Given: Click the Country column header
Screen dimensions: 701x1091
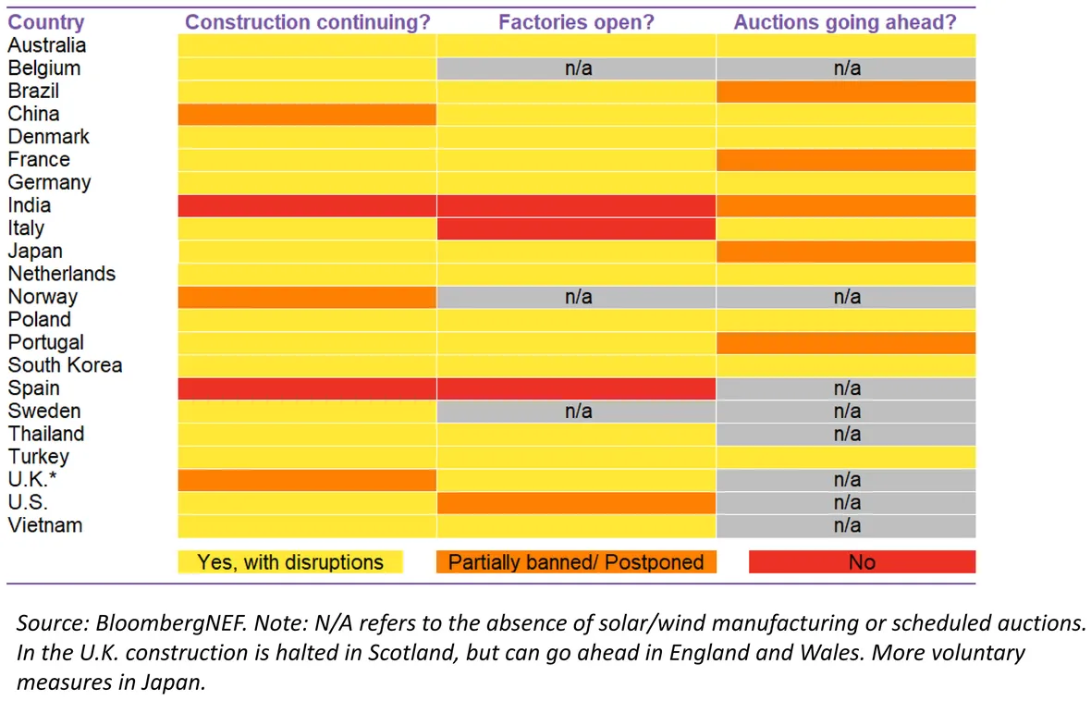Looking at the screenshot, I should coord(46,22).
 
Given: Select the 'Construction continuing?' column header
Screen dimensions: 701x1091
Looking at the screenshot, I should coord(308,22).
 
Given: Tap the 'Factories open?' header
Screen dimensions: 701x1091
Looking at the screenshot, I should coord(576,22).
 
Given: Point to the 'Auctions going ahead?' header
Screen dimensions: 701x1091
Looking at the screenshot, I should coord(845,22).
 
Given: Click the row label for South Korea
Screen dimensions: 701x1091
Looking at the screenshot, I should coord(65,365).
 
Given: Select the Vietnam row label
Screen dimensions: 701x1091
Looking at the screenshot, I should coord(45,525).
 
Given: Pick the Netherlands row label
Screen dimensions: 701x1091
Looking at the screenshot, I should coord(62,274).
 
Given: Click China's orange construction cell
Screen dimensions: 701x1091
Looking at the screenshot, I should coord(307,114).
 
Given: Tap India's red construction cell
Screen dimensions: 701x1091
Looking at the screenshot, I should coord(307,205).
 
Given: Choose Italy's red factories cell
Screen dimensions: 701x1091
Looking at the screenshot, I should coord(576,228).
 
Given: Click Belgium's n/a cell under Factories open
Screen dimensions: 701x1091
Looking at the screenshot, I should coord(578,68).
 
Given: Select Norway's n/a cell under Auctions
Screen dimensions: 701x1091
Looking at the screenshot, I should coord(846,297).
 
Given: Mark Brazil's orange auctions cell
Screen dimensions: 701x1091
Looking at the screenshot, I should coord(846,92).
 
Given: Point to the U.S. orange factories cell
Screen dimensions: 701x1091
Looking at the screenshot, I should coord(576,503).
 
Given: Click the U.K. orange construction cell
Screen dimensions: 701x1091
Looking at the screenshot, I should coord(307,480).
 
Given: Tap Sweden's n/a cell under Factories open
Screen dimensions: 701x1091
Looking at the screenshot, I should coord(578,412).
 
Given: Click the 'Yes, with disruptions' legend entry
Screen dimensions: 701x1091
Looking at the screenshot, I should coord(290,561).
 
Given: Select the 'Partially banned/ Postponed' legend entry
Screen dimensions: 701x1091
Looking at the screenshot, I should coord(576,561).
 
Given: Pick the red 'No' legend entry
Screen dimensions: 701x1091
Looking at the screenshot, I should coord(862,561).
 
